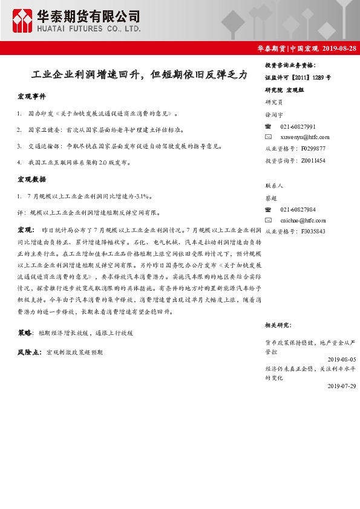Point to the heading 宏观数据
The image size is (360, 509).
(x=31, y=180)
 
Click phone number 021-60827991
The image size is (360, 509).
(x=298, y=126)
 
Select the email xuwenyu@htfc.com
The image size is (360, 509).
(x=304, y=137)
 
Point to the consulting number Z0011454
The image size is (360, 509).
(x=313, y=160)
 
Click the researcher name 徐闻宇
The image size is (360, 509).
(x=274, y=115)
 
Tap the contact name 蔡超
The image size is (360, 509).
(x=271, y=198)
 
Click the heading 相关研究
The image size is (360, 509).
(x=279, y=325)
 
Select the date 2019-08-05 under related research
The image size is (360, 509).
(x=339, y=358)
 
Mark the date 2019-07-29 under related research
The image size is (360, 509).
(x=339, y=385)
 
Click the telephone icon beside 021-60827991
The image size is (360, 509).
(x=269, y=126)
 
